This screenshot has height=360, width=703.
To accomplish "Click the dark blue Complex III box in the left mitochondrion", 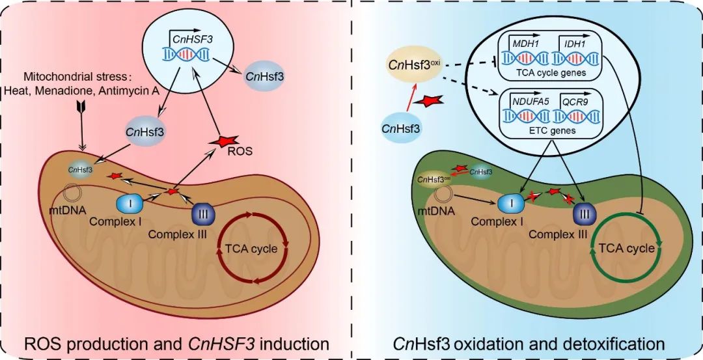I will click(203, 212).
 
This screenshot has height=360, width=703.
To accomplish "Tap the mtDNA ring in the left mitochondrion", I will click(72, 195).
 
